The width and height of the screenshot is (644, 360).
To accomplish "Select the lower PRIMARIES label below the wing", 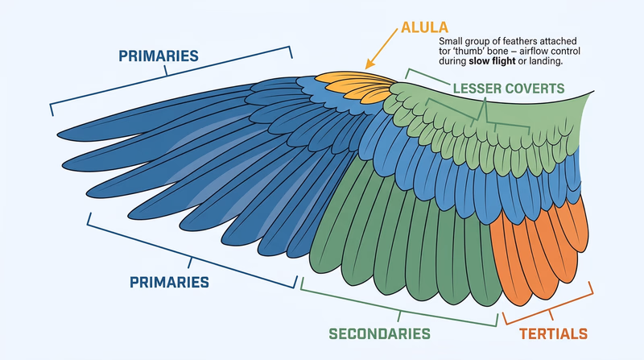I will pos(169,283).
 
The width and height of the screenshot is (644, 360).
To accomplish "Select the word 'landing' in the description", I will pos(541,62).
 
